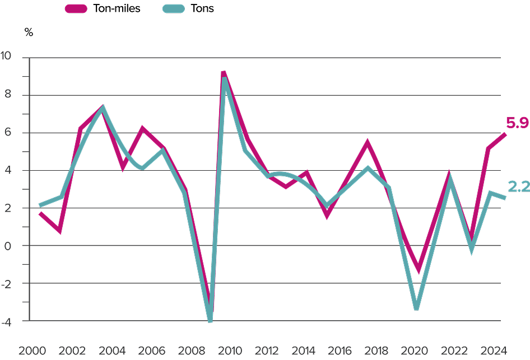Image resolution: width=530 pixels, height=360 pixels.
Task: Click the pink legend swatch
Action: (76, 8)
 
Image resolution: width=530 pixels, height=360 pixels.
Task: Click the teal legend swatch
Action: (174, 8)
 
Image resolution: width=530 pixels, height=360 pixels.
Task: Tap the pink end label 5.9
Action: (518, 122)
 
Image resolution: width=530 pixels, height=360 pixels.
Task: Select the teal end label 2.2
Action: (519, 187)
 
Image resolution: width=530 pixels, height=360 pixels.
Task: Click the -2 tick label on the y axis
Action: (8, 284)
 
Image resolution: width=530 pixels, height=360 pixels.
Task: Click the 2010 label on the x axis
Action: (229, 351)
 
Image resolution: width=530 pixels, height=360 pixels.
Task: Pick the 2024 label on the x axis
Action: (496, 351)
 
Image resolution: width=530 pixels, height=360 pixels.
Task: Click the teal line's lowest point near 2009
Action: (210, 321)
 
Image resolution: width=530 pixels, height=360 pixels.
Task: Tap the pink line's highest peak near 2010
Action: (224, 73)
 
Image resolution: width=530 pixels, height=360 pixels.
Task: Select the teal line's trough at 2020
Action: (417, 308)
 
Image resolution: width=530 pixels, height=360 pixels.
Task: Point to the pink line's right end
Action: (505, 134)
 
